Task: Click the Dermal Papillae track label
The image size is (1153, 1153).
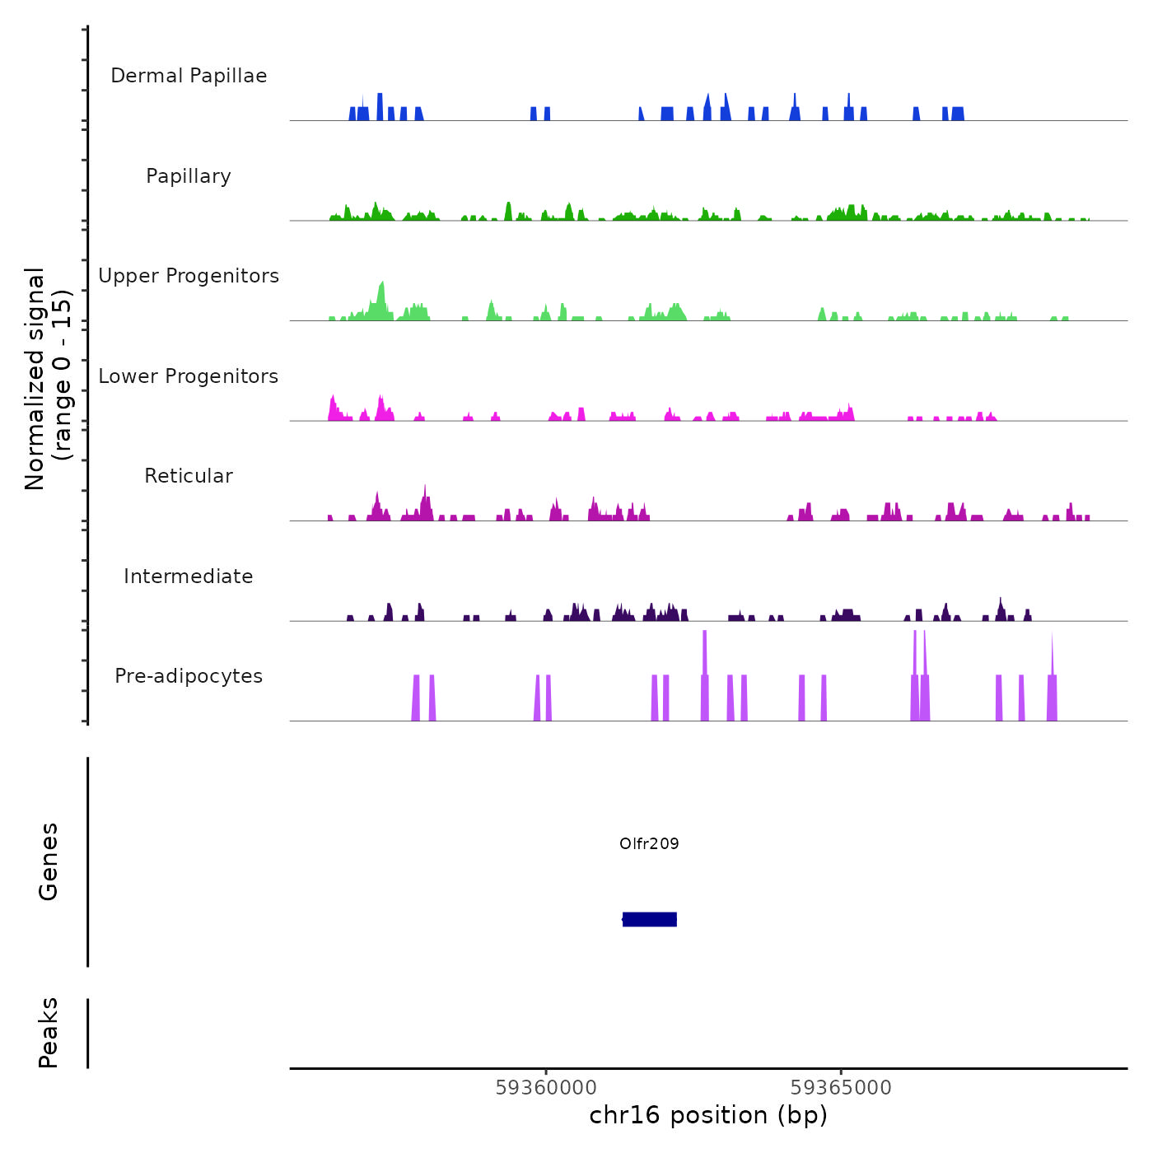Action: tap(189, 76)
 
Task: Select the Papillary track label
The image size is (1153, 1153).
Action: tap(189, 176)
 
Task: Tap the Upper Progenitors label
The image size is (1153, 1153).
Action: tap(189, 276)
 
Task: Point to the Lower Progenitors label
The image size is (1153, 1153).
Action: tap(189, 376)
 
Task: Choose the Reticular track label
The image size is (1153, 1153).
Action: tap(189, 476)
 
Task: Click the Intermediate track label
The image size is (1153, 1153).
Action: tap(189, 576)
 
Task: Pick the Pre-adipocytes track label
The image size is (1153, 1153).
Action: tap(189, 676)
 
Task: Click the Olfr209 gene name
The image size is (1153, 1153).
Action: tap(649, 843)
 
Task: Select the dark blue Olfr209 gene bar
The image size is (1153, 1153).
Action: tap(650, 919)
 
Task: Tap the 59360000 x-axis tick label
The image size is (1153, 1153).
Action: tap(546, 1088)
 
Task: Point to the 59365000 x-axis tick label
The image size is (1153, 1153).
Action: tap(841, 1088)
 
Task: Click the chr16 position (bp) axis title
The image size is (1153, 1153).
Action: tap(708, 1115)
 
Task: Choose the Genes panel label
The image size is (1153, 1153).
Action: tap(49, 861)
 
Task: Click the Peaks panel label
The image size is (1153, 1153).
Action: tap(49, 1033)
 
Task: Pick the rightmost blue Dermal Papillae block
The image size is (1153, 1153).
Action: tap(957, 114)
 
